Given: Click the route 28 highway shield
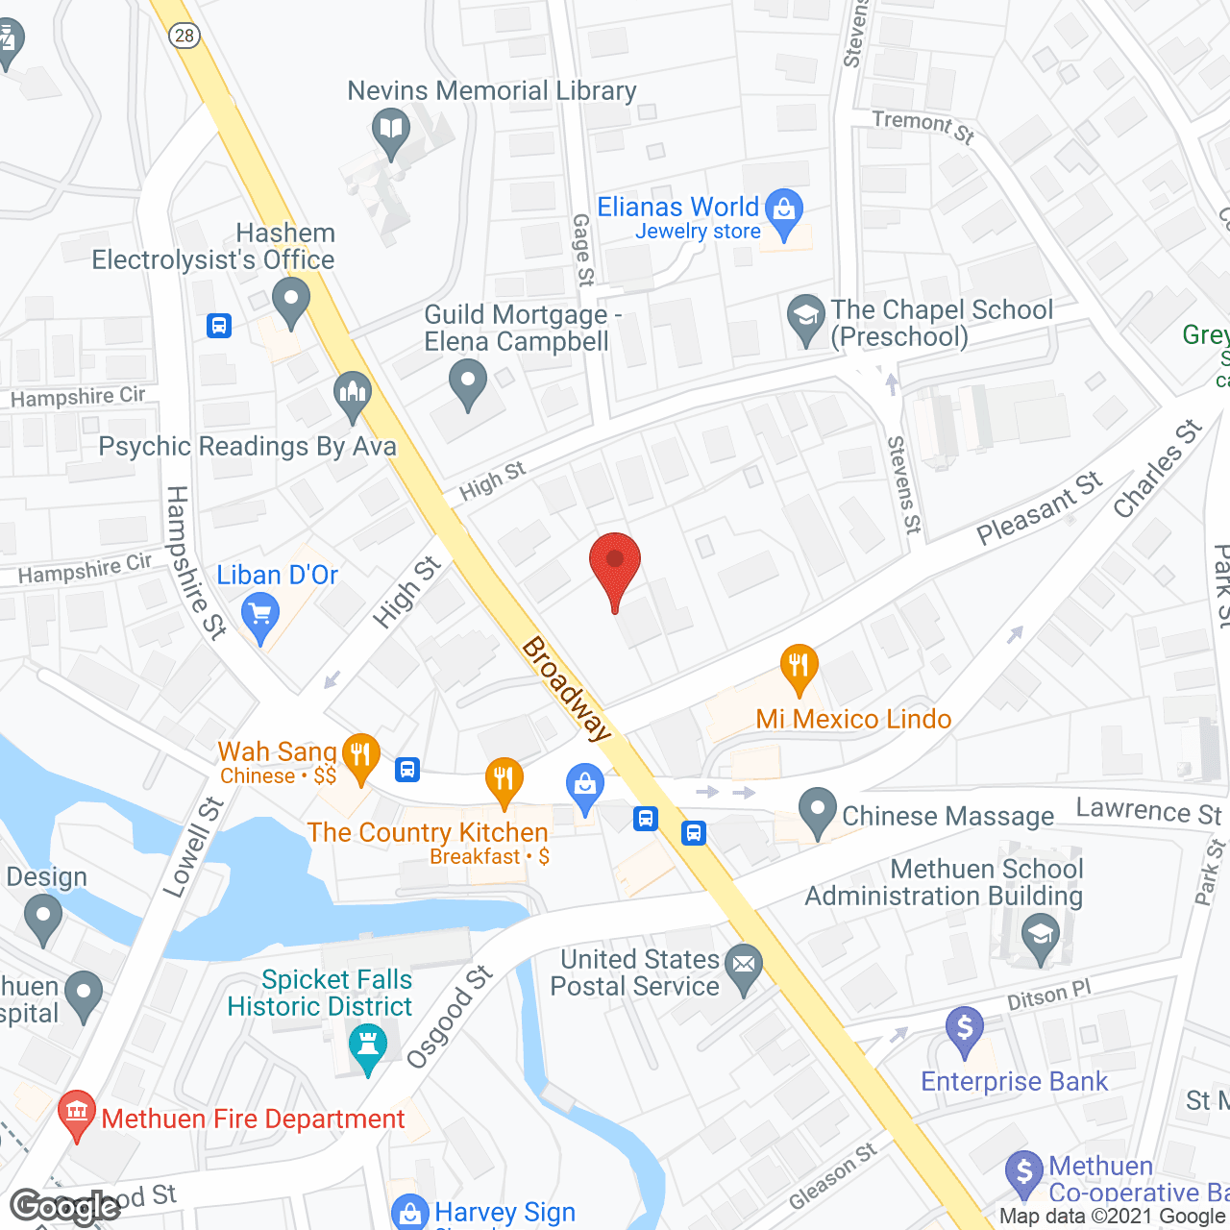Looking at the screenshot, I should click(x=184, y=36).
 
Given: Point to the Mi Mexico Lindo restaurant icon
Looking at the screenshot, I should click(x=799, y=666).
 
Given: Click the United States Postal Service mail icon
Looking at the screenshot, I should click(x=744, y=966).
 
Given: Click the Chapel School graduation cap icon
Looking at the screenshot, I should click(x=805, y=317).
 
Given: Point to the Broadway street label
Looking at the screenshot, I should click(x=567, y=689).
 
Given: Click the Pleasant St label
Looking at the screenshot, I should click(x=1040, y=509).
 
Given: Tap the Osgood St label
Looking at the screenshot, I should click(x=450, y=1018).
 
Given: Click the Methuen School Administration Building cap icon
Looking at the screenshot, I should click(x=1040, y=937).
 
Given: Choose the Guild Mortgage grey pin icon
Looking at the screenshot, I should click(x=468, y=382).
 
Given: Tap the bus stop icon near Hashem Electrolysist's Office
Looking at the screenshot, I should click(x=219, y=326).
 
